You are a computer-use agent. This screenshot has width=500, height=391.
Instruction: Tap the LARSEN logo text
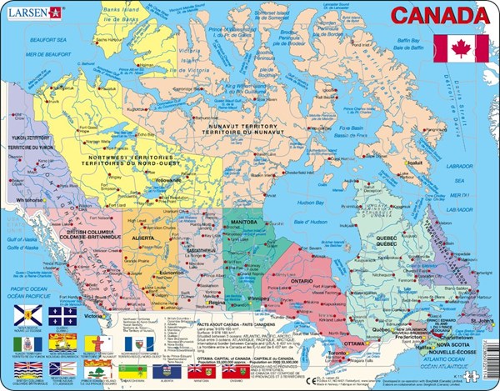click(x=26, y=12)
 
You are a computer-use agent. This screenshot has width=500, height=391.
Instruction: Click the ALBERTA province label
click(x=144, y=237)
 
